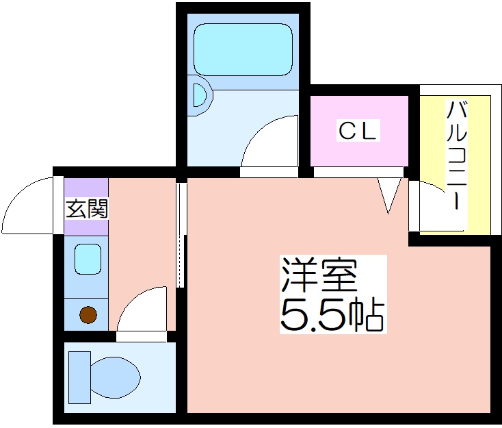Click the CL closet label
tap(358, 131)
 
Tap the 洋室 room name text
tap(319, 275)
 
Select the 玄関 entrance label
tap(86, 208)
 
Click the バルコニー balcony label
tap(457, 155)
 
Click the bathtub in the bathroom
tap(243, 50)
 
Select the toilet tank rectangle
tap(80, 377)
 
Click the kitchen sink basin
tap(88, 259)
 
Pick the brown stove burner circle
tap(88, 315)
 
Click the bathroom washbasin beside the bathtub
tap(200, 95)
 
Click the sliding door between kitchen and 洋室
tap(181, 235)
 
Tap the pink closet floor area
tap(359, 131)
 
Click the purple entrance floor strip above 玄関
tap(86, 188)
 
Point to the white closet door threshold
tap(358, 172)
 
